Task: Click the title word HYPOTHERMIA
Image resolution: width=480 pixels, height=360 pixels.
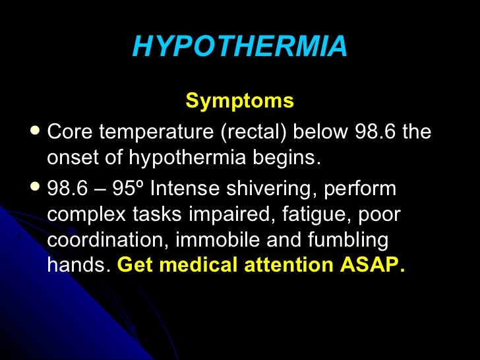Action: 239,47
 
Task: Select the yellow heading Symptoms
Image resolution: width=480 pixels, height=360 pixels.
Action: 239,101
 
